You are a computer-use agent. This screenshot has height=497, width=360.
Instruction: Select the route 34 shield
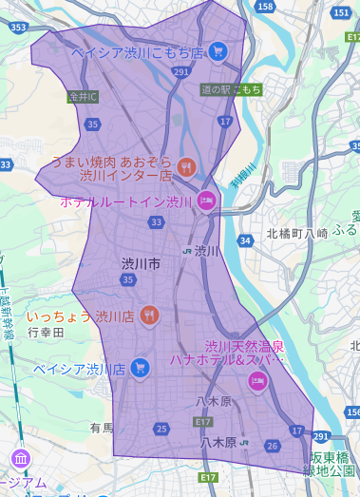coord(246,240)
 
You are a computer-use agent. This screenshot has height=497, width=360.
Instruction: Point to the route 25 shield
coord(161,430)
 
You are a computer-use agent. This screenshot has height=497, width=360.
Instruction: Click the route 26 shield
coord(273,446)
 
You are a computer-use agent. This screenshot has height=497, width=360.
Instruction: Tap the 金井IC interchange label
coord(84,96)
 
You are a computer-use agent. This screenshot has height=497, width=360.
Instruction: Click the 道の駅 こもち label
coord(232,89)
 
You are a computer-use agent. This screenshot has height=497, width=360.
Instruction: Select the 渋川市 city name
coord(141,262)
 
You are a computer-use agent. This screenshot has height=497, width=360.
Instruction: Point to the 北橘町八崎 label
coord(295,232)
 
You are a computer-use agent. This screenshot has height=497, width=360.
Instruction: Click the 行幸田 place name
coord(45,333)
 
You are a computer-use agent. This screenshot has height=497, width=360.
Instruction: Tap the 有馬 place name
coord(102,429)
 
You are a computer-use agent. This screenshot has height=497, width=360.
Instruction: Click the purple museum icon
coord(19,460)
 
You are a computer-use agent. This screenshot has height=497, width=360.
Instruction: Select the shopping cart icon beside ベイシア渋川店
coord(141,367)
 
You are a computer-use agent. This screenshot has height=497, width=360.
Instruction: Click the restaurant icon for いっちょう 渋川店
coord(148,315)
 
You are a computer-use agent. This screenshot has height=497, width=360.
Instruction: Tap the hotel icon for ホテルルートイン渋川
coord(205,201)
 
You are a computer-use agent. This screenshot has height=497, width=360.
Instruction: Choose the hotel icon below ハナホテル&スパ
coord(256,381)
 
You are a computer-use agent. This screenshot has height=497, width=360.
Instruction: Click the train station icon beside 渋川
coord(188,251)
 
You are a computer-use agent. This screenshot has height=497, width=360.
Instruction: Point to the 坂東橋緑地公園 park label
coord(329,463)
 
